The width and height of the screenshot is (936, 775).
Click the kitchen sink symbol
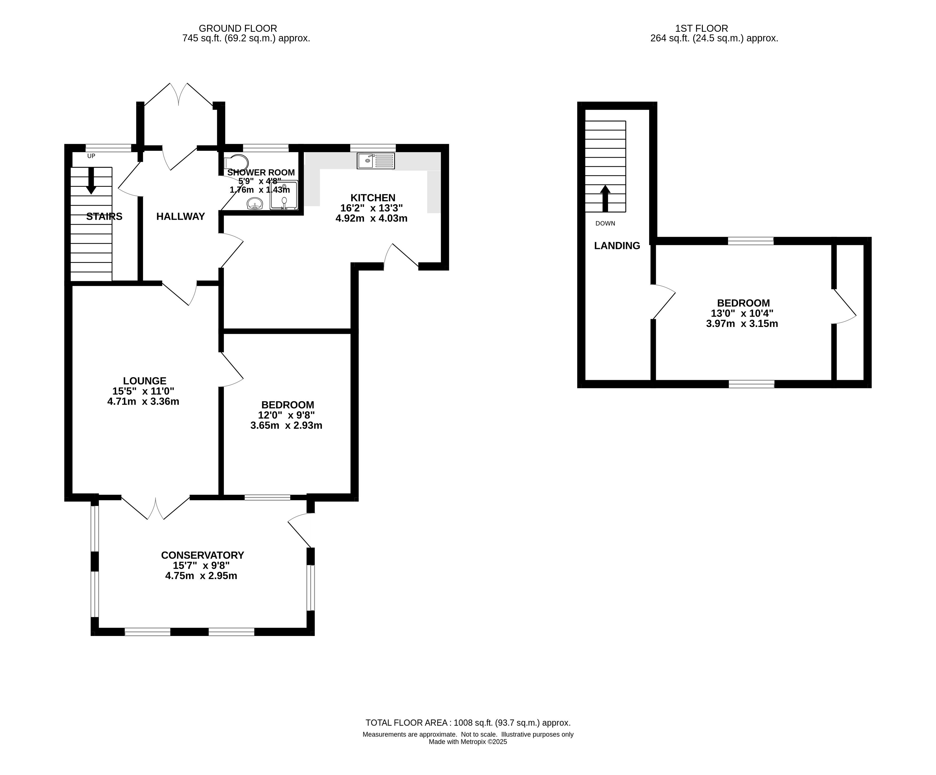point(376,161)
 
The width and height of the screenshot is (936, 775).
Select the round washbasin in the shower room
point(255,204)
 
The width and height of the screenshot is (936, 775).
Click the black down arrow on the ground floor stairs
point(91,180)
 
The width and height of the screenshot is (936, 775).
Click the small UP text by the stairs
point(91,156)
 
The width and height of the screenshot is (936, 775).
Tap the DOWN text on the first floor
point(605,223)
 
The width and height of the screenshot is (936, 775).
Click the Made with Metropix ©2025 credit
point(468,742)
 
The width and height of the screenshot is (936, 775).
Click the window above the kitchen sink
point(373,148)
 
